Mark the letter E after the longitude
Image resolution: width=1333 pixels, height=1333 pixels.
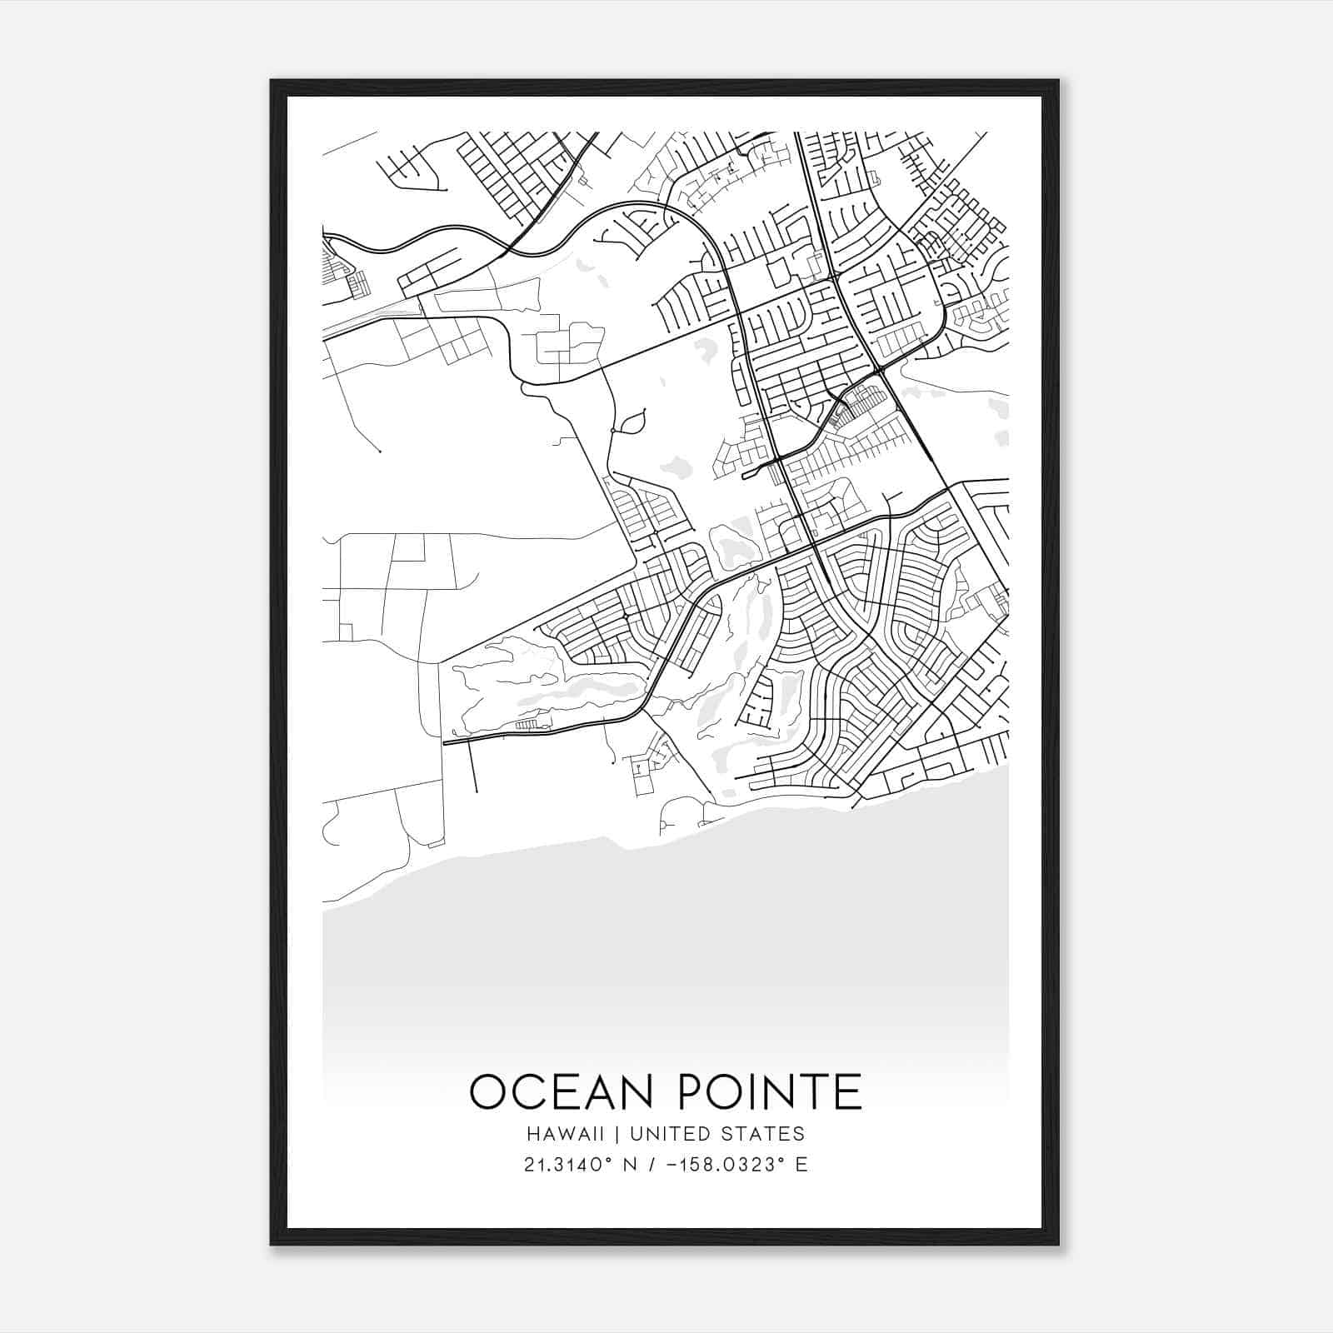[801, 1165]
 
